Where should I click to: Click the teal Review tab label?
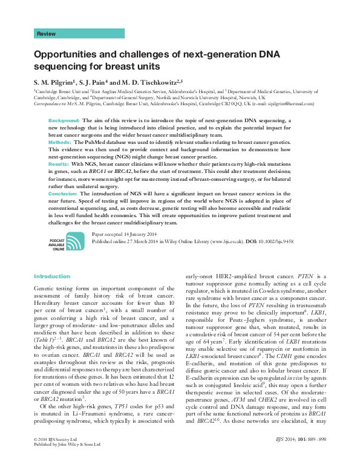(47, 34)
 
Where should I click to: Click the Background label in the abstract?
(64, 121)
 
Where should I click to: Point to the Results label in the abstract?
(58, 164)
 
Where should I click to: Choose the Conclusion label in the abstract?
(64, 192)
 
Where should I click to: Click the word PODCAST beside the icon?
(57, 240)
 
